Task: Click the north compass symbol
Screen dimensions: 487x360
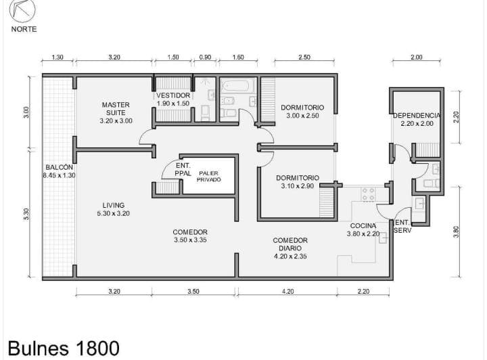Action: [x=22, y=11]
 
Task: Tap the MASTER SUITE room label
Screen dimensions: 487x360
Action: [x=116, y=109]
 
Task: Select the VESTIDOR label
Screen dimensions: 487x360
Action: [x=173, y=95]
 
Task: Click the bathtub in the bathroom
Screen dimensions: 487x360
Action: [x=236, y=86]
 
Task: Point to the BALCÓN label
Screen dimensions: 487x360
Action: [x=59, y=167]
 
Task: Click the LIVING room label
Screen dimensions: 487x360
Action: [x=114, y=205]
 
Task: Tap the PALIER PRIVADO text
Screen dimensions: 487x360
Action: [x=208, y=177]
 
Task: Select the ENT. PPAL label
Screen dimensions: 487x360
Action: [x=183, y=170]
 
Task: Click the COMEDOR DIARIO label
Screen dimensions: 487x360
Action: [x=290, y=244]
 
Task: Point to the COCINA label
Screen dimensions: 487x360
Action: [x=363, y=226]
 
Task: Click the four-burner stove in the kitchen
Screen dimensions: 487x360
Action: [x=369, y=194]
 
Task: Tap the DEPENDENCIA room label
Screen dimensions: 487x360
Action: [x=417, y=116]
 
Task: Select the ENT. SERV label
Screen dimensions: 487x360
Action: [x=402, y=227]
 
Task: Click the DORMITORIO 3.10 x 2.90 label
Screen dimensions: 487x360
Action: [x=298, y=182]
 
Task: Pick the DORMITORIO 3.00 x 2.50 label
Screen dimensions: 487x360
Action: [x=302, y=112]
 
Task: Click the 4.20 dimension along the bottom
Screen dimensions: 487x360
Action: [x=288, y=292]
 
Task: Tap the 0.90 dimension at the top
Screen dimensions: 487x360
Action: [x=205, y=57]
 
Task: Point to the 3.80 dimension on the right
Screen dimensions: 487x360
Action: [x=456, y=232]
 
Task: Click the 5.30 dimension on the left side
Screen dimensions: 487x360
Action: [x=26, y=214]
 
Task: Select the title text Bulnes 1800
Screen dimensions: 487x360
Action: [x=64, y=348]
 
